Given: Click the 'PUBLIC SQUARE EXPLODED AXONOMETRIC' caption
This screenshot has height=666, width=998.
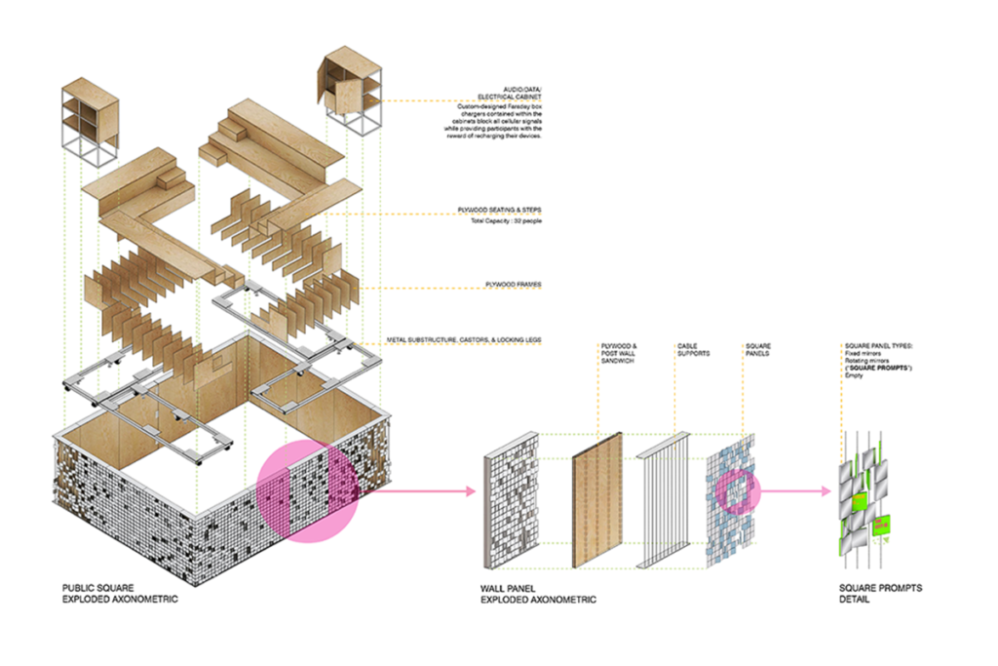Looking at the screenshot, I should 120,594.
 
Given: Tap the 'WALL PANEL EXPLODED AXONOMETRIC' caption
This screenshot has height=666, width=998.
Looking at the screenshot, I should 538,594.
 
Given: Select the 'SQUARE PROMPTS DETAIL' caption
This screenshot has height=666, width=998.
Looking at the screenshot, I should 880,594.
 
